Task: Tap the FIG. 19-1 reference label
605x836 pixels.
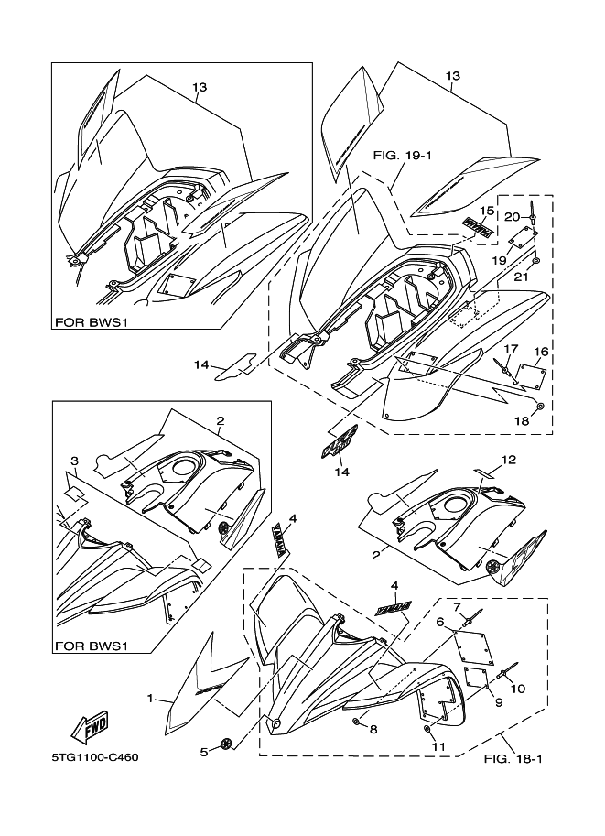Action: tap(402, 156)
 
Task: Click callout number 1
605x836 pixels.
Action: tap(149, 699)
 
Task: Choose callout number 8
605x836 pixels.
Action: tap(373, 729)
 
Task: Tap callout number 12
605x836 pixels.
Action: tap(509, 459)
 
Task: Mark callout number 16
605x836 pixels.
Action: tap(541, 351)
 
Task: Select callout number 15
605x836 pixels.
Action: tap(488, 211)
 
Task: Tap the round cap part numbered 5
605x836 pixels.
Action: tap(225, 744)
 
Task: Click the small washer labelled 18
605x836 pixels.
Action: tap(540, 405)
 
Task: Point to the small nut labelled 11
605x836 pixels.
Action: tap(427, 729)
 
